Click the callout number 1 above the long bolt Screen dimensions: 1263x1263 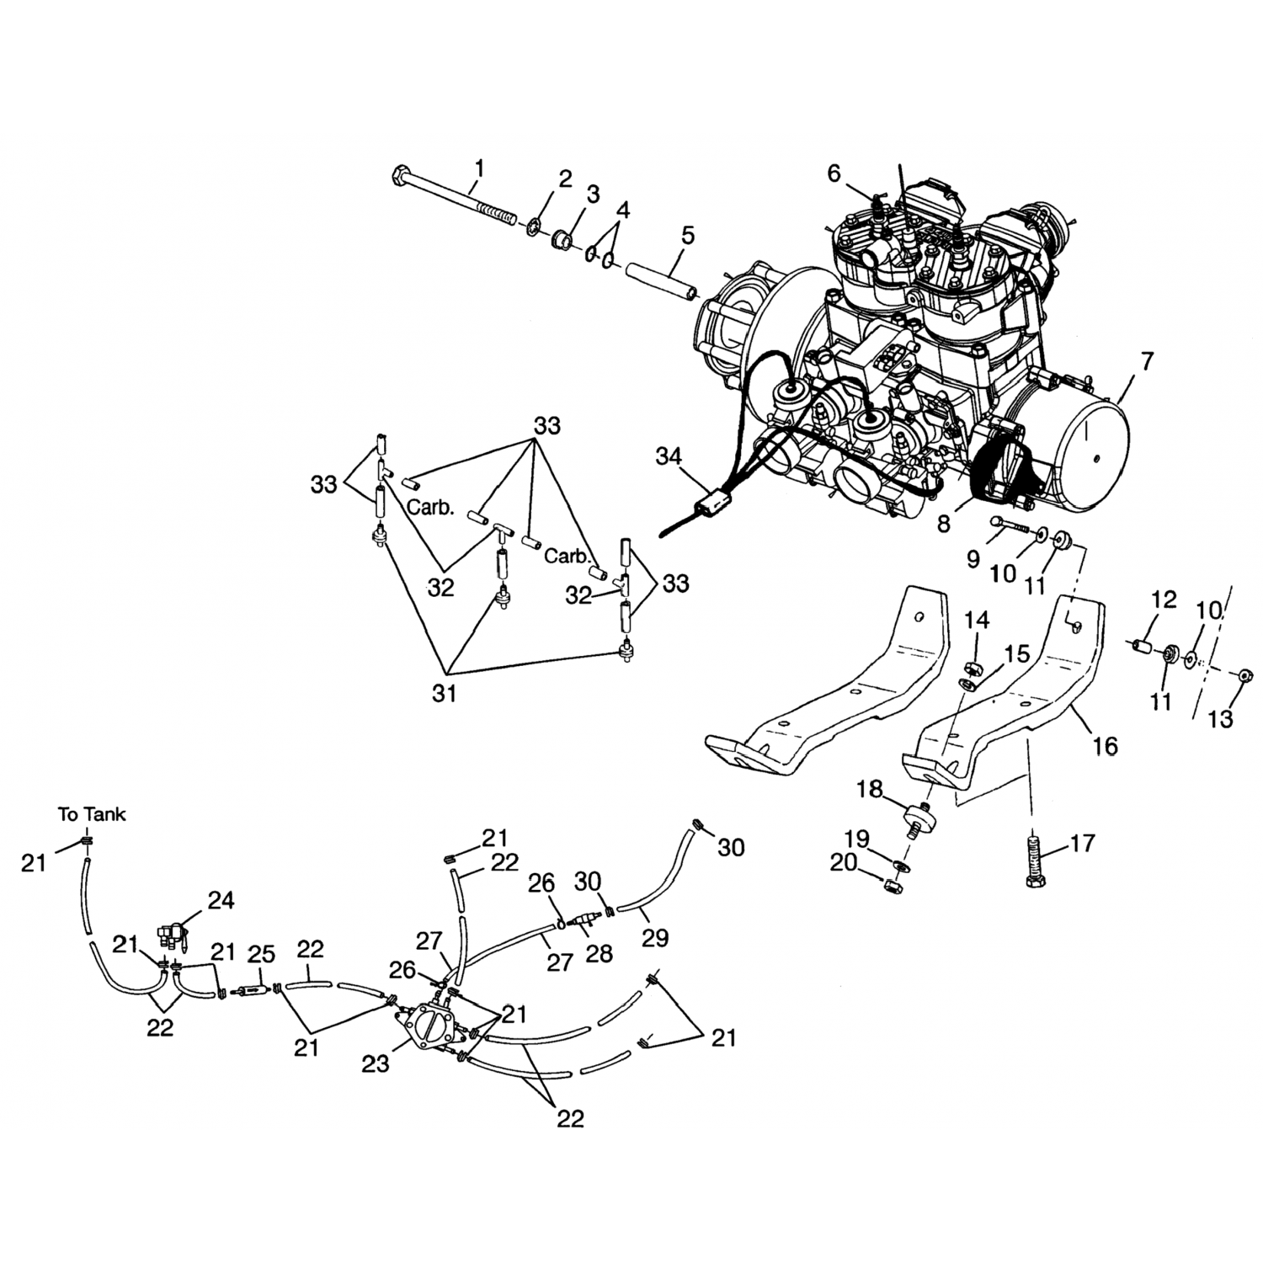coord(478,168)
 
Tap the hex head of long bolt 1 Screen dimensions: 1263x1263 coord(400,178)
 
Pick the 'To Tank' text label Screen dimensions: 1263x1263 coord(92,814)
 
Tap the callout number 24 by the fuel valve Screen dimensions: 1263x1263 coord(221,901)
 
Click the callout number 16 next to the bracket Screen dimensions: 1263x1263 coord(1105,744)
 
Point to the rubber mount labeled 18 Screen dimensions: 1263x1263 coord(919,815)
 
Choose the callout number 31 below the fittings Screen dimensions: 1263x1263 coord(444,693)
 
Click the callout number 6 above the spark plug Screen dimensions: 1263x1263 coord(834,173)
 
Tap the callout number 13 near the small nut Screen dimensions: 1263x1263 coord(1219,718)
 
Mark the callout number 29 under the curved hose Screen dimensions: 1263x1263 coord(655,937)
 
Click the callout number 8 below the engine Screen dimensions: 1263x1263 coord(943,523)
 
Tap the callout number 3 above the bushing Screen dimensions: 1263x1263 coord(593,195)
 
